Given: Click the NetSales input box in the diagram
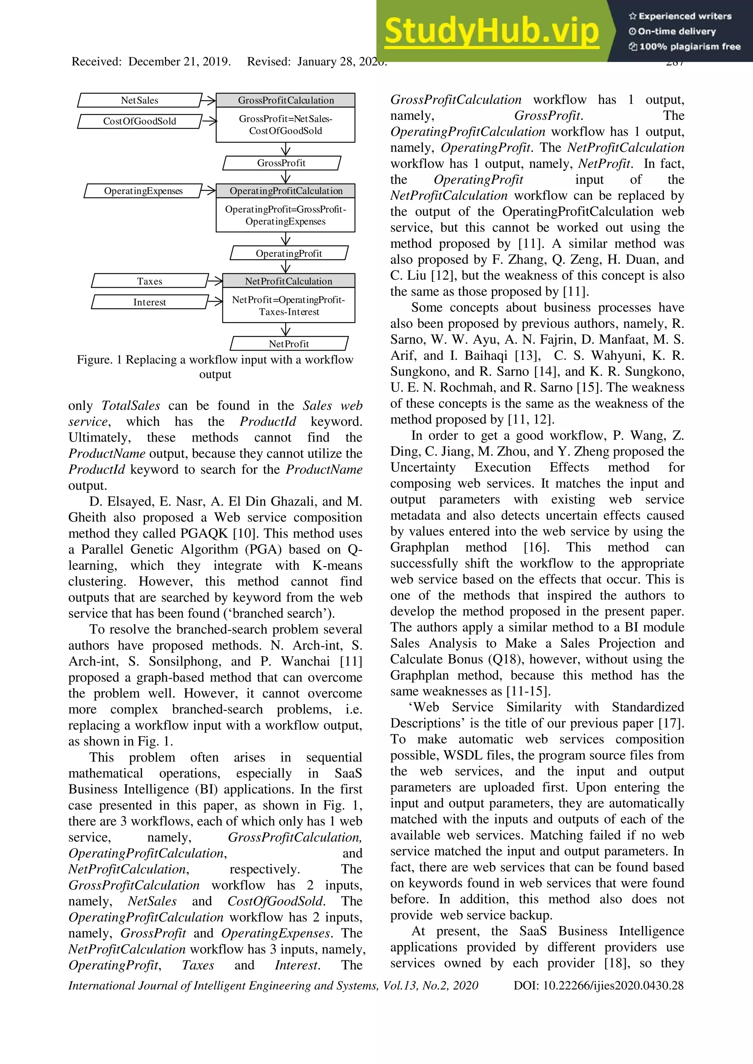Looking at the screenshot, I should click(140, 100).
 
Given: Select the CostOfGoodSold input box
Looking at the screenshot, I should click(140, 121).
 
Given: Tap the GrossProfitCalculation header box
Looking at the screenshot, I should click(286, 100).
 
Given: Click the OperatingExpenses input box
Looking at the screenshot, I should click(143, 191).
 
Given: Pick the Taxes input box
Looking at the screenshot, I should click(150, 281).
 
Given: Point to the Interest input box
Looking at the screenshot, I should click(150, 302).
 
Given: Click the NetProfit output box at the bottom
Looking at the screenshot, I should click(289, 344).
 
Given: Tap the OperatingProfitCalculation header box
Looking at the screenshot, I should click(286, 191).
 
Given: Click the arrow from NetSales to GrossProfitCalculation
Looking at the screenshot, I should click(209, 100).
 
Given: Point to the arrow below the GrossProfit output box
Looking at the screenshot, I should click(286, 177).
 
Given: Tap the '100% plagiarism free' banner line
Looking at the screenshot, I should click(685, 46).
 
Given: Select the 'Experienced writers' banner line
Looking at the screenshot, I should click(680, 16).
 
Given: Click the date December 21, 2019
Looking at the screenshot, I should click(179, 62).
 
